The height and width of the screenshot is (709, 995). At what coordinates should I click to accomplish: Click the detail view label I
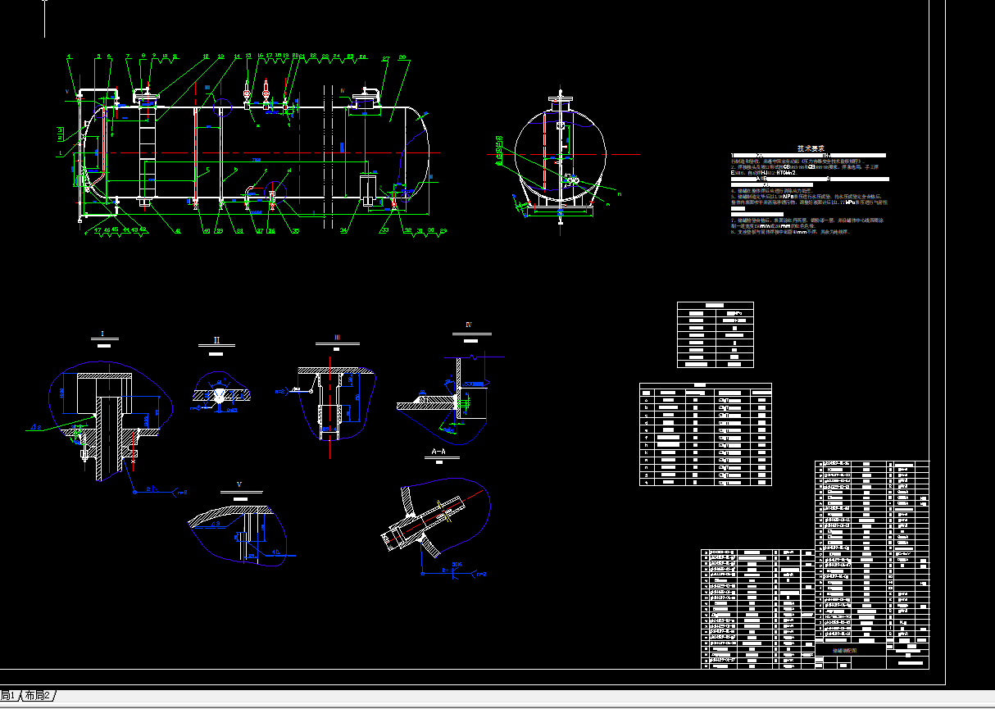[x=102, y=334]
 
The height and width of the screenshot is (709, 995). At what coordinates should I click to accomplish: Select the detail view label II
[x=216, y=340]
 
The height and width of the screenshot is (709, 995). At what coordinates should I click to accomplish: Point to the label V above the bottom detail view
[x=239, y=484]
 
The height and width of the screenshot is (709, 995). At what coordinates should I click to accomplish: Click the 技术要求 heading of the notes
[x=810, y=148]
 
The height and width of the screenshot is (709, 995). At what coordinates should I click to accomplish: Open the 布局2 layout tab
[x=38, y=696]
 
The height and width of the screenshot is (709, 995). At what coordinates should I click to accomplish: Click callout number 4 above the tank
[x=69, y=57]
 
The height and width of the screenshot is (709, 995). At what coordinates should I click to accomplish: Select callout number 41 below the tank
[x=177, y=230]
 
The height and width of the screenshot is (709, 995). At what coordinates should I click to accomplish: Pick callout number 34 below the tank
[x=344, y=230]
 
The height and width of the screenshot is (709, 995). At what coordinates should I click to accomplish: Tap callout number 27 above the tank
[x=385, y=59]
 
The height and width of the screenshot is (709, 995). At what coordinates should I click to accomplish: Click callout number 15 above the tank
[x=248, y=57]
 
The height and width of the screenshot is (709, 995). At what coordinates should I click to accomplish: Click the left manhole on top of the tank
[x=147, y=99]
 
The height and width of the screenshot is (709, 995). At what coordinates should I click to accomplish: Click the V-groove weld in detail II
[x=222, y=397]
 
